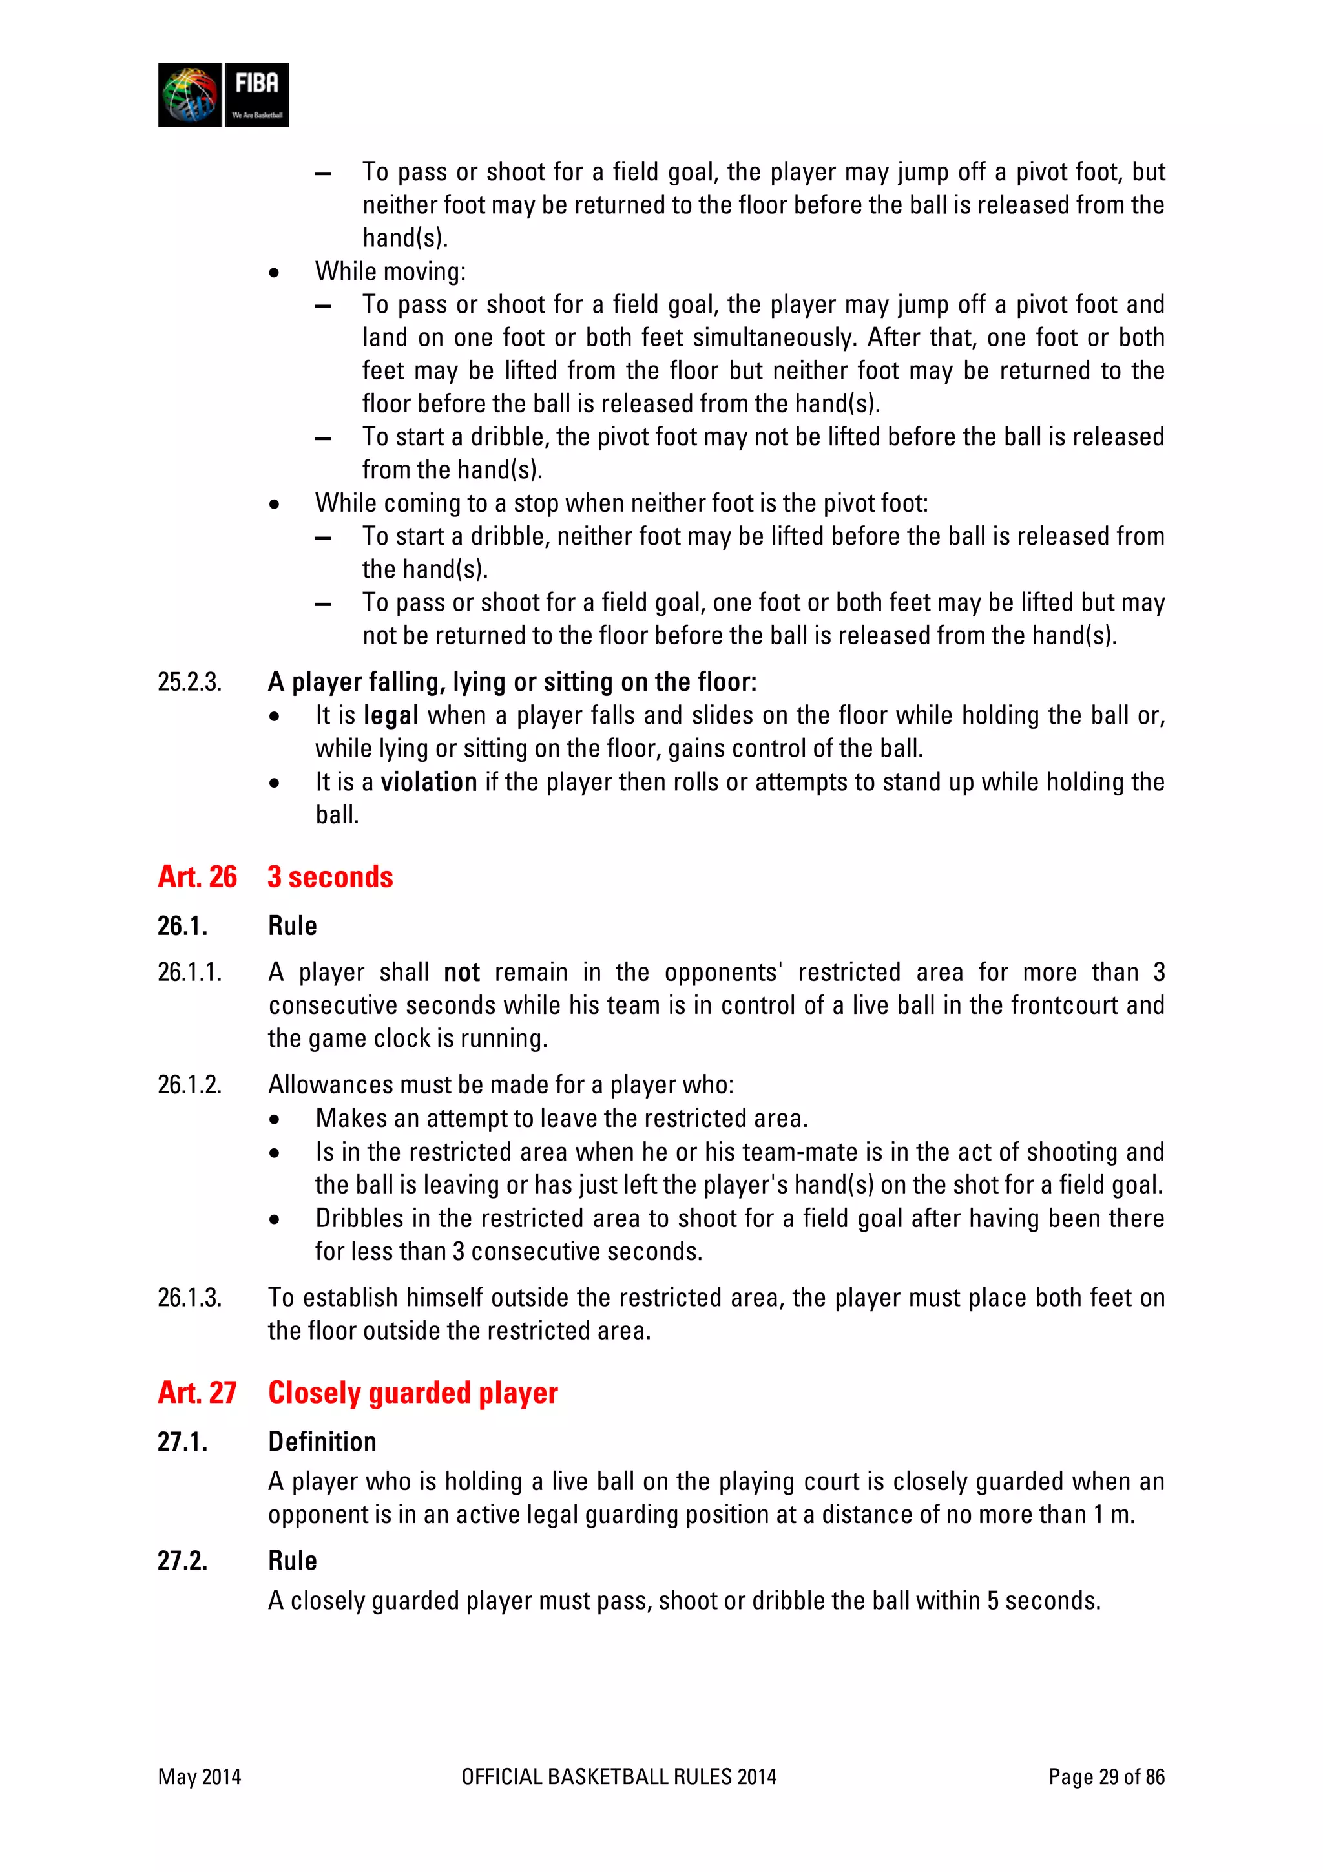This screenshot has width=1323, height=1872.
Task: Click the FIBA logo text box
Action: (256, 94)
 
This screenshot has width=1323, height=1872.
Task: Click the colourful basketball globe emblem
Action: (190, 94)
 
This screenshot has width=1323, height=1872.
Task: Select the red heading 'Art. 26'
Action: (197, 876)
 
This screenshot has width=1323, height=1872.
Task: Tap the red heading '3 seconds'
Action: (330, 876)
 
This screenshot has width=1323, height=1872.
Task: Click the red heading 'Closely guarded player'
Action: (413, 1393)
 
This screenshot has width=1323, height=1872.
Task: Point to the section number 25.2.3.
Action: (189, 682)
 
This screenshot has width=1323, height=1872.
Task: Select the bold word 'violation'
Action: (429, 782)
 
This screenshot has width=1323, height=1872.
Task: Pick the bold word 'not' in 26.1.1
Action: (461, 972)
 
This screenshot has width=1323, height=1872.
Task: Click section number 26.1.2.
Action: (189, 1084)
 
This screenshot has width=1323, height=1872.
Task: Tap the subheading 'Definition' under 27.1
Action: (322, 1442)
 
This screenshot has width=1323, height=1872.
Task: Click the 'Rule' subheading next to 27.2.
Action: (292, 1561)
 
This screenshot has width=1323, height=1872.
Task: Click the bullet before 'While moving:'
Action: (275, 272)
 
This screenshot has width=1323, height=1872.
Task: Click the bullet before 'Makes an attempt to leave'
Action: (275, 1119)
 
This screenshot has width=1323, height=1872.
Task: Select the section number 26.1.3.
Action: (189, 1297)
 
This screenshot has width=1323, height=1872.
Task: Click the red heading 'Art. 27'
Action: (197, 1393)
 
